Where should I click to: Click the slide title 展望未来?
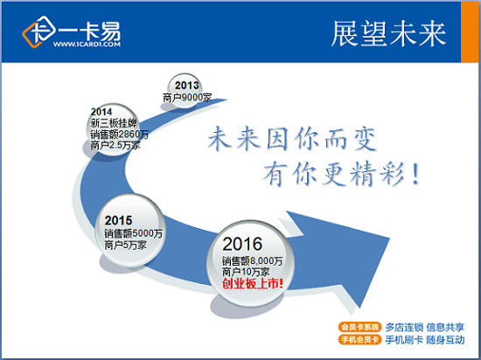388,34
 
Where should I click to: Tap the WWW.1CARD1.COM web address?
87,45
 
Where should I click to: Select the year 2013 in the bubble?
187,85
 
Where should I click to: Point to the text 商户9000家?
187,98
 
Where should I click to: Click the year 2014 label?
101,112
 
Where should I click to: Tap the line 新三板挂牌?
114,123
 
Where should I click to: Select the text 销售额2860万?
119,135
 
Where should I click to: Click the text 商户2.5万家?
115,145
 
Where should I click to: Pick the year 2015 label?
118,220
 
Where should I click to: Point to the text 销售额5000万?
133,234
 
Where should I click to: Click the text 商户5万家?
125,246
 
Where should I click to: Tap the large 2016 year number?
242,244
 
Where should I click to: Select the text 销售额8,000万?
252,261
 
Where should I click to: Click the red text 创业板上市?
253,284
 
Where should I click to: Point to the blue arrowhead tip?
389,238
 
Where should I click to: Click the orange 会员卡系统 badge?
359,327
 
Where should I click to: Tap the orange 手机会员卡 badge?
359,340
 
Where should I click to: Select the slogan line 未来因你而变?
292,140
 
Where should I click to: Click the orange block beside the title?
470,31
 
